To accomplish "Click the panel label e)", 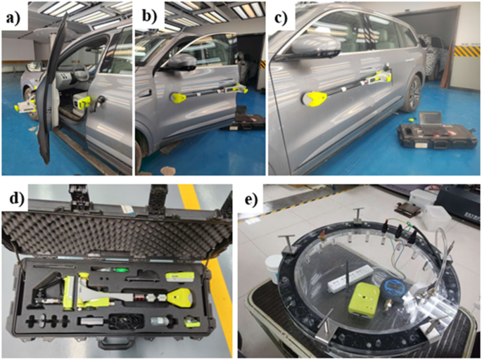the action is (252, 200).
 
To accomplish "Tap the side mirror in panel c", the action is (316, 48).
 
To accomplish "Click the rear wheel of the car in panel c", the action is (413, 94).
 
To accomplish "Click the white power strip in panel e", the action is (350, 276).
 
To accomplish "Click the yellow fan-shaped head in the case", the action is (181, 297).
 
